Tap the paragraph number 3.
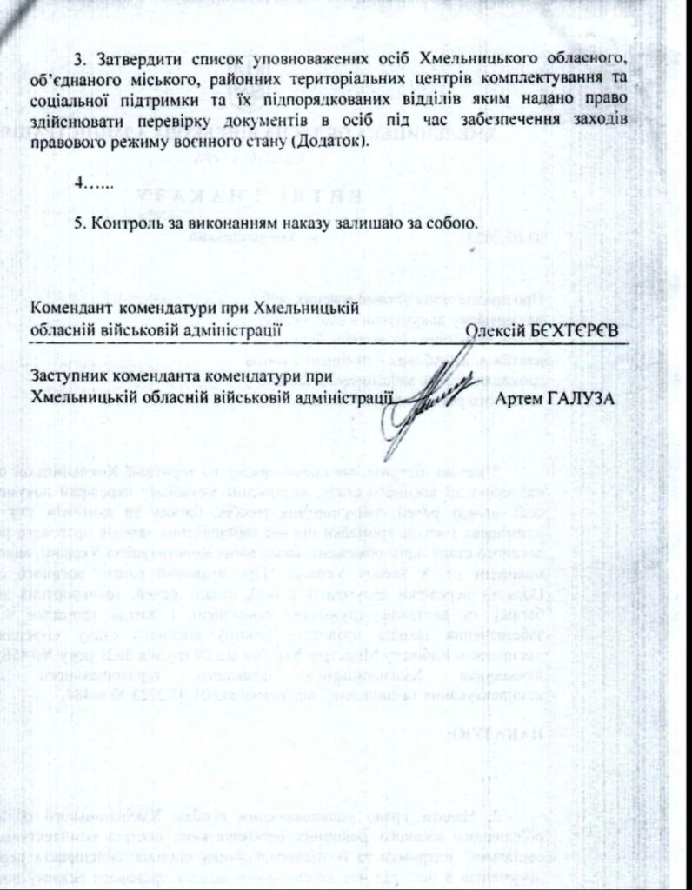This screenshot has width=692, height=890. click(x=77, y=58)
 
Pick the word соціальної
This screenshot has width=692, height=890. click(x=72, y=100)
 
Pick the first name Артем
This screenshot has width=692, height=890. click(x=518, y=399)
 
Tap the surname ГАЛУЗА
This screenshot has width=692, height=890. click(x=583, y=399)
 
